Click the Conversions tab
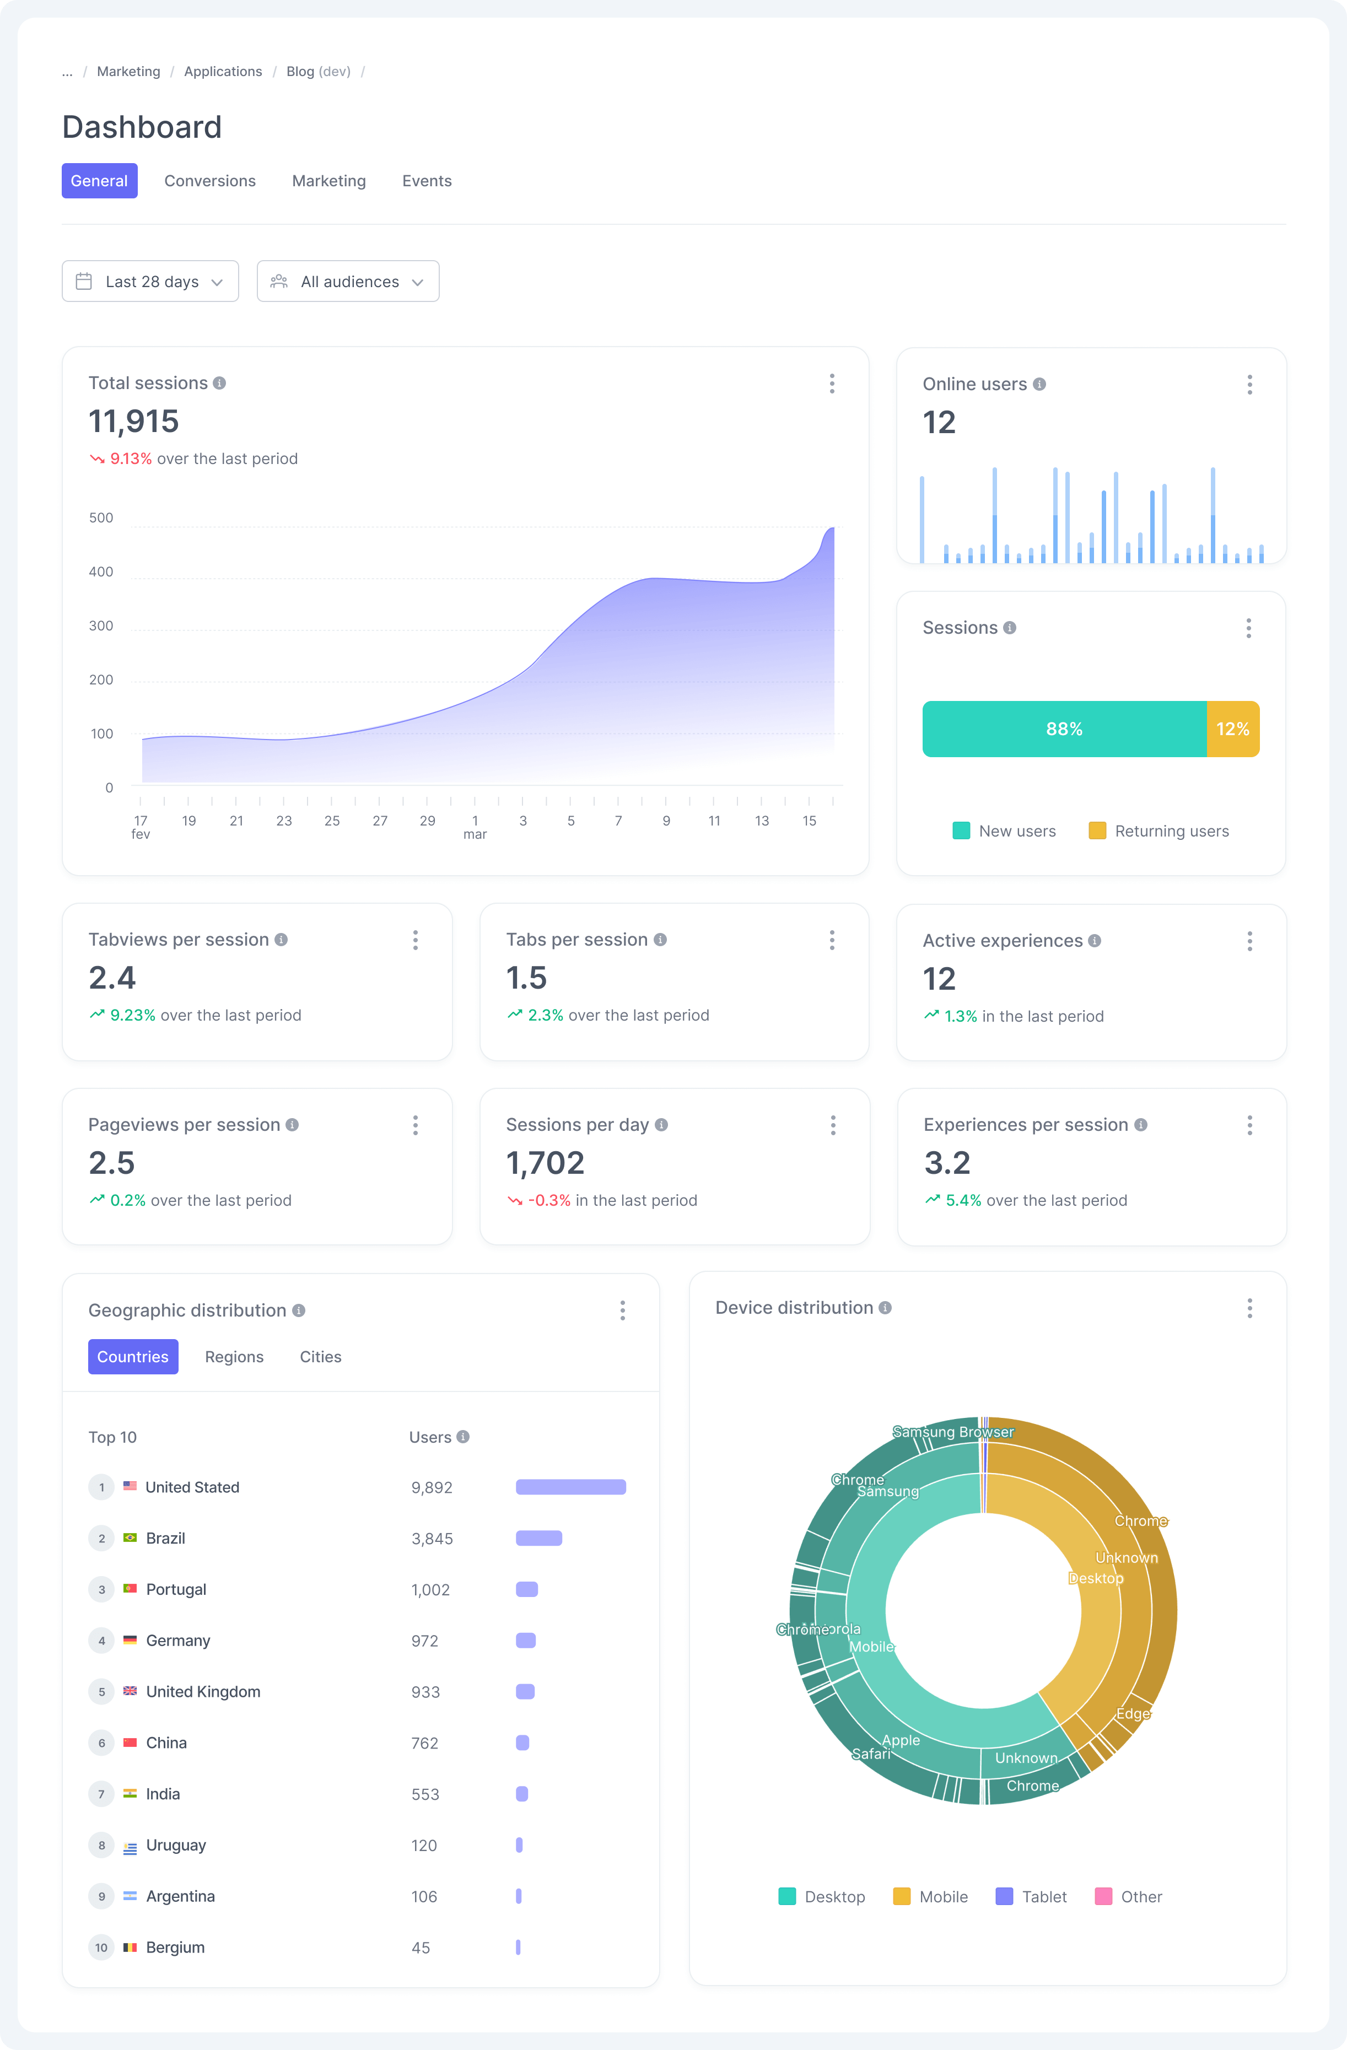coord(209,181)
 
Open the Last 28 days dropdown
coord(150,282)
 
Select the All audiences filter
coord(348,282)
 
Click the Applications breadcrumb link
coord(222,72)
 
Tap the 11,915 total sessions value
coord(133,421)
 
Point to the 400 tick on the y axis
coord(101,572)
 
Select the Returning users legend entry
coord(1159,831)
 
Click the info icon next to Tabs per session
coord(660,940)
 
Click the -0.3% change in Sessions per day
coord(548,1201)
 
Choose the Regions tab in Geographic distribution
coord(234,1357)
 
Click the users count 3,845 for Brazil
coord(432,1539)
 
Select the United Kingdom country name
coord(203,1692)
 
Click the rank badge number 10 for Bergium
coord(101,1947)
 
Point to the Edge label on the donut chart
coord(1133,1713)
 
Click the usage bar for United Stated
coord(570,1487)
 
